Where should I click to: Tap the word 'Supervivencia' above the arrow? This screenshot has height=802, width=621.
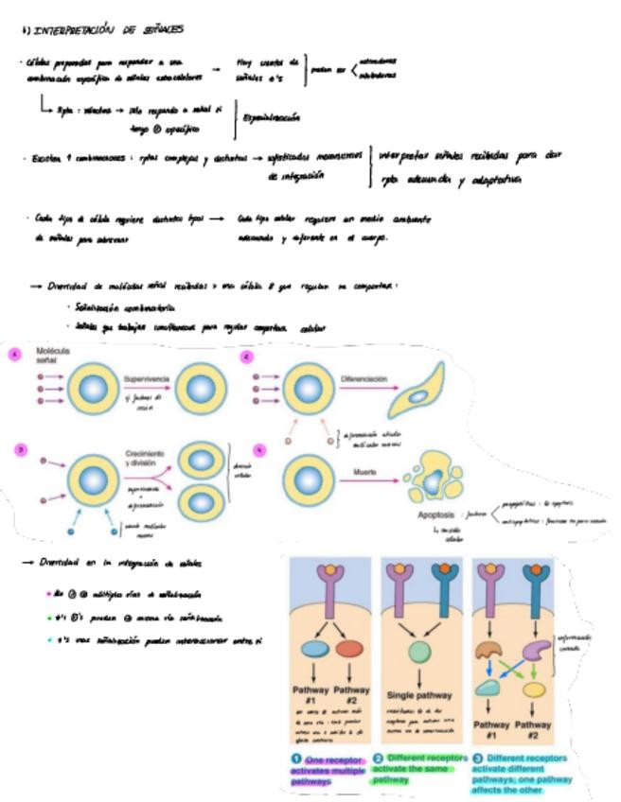[146, 378]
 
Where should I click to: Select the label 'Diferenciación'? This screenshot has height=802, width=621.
[364, 378]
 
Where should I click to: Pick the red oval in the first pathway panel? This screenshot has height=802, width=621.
[350, 652]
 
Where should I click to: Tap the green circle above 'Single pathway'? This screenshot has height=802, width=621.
[416, 653]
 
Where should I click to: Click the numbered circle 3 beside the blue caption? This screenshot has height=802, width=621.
[478, 758]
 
